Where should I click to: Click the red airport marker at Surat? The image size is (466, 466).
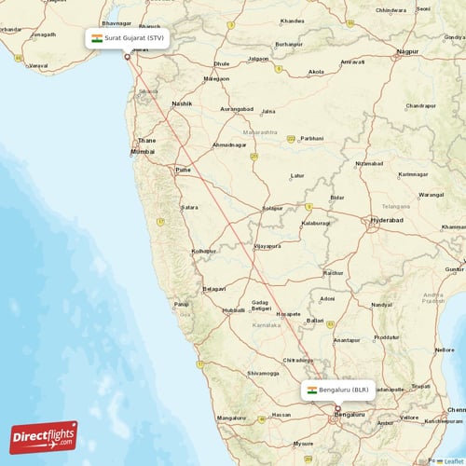(x=128, y=57)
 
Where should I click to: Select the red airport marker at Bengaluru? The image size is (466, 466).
(x=338, y=408)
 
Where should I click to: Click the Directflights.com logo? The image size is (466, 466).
(x=44, y=436)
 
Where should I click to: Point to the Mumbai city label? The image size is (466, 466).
(x=143, y=151)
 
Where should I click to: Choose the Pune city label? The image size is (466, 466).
(x=184, y=171)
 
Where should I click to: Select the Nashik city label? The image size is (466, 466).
(x=182, y=103)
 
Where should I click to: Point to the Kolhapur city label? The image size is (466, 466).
(x=203, y=251)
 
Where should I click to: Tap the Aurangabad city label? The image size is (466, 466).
(x=235, y=109)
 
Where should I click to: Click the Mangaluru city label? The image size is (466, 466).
(x=231, y=418)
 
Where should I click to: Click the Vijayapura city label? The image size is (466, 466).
(x=267, y=246)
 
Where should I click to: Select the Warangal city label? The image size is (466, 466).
(x=431, y=195)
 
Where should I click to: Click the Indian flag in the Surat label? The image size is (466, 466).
(x=96, y=38)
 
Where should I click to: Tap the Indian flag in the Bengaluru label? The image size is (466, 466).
(x=312, y=390)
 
